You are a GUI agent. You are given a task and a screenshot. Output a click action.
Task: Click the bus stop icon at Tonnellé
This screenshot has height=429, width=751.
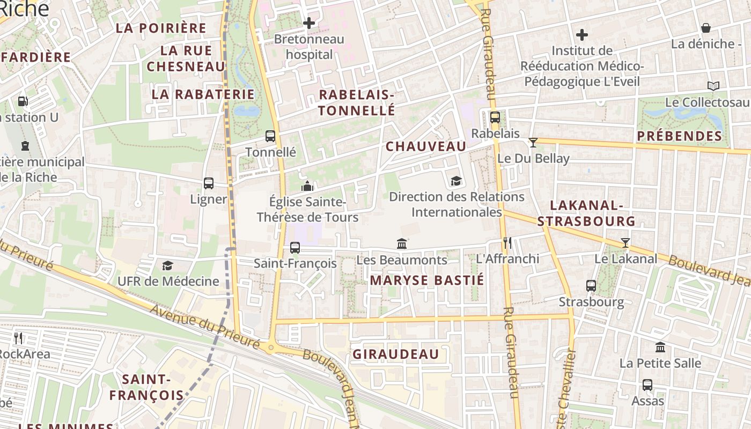(270, 136)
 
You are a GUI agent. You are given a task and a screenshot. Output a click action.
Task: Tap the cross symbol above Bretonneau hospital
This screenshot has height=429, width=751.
(309, 23)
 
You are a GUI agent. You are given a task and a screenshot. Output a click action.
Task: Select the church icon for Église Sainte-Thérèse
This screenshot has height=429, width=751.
(307, 186)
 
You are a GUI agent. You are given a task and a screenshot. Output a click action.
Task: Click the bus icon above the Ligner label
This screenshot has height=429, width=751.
(209, 183)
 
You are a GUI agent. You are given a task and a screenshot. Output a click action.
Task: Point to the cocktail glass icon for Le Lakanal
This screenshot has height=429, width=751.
(625, 243)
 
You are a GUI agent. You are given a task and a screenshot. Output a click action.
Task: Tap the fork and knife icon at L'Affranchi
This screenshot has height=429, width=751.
(507, 243)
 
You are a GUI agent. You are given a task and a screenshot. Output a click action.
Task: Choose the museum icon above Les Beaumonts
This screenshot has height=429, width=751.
(402, 244)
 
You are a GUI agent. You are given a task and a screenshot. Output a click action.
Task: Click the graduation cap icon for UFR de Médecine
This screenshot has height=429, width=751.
(168, 265)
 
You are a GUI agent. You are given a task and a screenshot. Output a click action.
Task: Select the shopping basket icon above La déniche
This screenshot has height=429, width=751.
(706, 28)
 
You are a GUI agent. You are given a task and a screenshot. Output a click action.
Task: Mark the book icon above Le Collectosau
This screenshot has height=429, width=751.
(713, 86)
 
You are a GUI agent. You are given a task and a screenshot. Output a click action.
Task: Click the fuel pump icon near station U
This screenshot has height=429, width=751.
(23, 101)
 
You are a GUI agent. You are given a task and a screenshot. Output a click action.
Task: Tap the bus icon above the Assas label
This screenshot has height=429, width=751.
(647, 385)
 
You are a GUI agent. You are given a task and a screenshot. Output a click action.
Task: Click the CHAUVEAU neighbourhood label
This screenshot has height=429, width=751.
(426, 146)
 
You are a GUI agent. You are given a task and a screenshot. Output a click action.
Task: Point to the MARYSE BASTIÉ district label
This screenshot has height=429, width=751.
(427, 280)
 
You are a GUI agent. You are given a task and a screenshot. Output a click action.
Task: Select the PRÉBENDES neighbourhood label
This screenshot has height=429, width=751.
(680, 136)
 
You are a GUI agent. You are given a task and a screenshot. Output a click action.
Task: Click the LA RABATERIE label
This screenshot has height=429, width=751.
(203, 94)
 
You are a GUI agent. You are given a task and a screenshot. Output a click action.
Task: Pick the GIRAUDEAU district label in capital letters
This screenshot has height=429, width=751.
(396, 354)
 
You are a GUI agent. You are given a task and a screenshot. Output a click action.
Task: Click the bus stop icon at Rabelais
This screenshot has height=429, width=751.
(495, 117)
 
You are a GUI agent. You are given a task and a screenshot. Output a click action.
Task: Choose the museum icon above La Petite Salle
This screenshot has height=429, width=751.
(660, 347)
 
